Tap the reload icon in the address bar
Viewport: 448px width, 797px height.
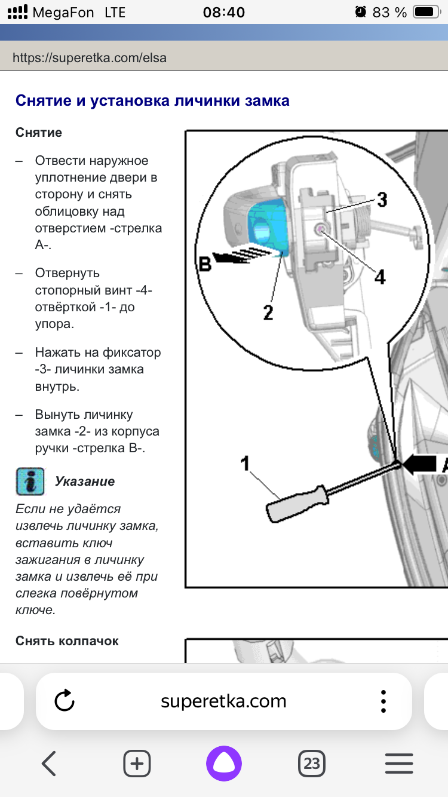pos(64,700)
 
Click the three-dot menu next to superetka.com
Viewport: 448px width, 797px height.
pos(383,700)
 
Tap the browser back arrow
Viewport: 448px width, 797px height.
pos(48,763)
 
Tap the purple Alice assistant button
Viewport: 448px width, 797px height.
pos(224,763)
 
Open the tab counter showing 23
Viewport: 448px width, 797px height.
pos(311,763)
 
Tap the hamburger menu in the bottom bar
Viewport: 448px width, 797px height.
pos(399,763)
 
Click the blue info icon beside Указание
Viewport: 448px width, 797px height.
pos(30,481)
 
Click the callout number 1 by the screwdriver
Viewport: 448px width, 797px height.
pos(246,463)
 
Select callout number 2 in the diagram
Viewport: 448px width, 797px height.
pos(268,311)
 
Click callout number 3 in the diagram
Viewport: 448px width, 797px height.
pos(381,200)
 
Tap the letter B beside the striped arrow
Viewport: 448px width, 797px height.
pos(205,264)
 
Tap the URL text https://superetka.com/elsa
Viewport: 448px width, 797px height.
pos(90,58)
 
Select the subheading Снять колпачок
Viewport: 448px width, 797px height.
pos(67,641)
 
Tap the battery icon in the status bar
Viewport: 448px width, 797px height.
pos(426,12)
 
